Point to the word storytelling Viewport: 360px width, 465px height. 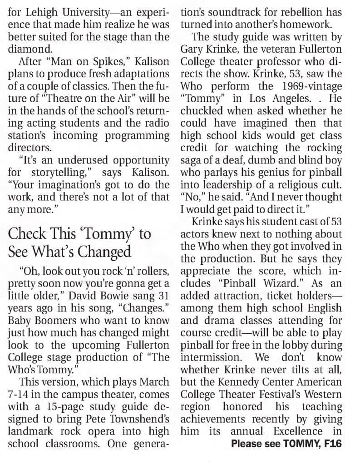(58, 173)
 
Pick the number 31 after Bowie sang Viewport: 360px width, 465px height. (162, 296)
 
